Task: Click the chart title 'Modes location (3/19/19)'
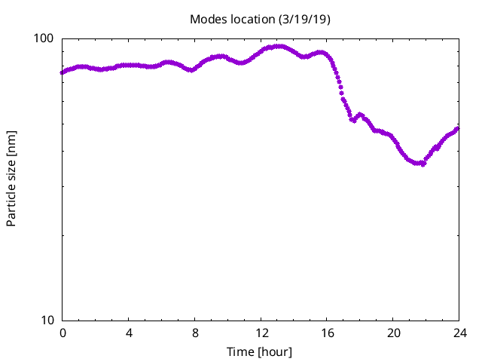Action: pyautogui.click(x=260, y=19)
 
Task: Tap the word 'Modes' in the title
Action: pyautogui.click(x=206, y=19)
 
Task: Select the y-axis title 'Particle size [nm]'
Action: pyautogui.click(x=11, y=179)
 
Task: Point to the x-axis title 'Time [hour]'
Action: pyautogui.click(x=260, y=352)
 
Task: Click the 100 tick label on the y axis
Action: pyautogui.click(x=46, y=38)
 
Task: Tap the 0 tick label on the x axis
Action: pyautogui.click(x=63, y=333)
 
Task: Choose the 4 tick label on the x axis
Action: pyautogui.click(x=129, y=333)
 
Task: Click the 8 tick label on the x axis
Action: pyautogui.click(x=195, y=333)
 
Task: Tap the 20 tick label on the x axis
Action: pyautogui.click(x=393, y=333)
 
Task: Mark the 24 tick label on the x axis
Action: pyautogui.click(x=459, y=333)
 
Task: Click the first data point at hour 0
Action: pyautogui.click(x=63, y=73)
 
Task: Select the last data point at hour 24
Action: pyautogui.click(x=458, y=128)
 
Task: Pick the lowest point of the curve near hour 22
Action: pyautogui.click(x=422, y=164)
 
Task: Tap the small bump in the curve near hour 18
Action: pyautogui.click(x=361, y=115)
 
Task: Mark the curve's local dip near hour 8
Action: pyautogui.click(x=192, y=70)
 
